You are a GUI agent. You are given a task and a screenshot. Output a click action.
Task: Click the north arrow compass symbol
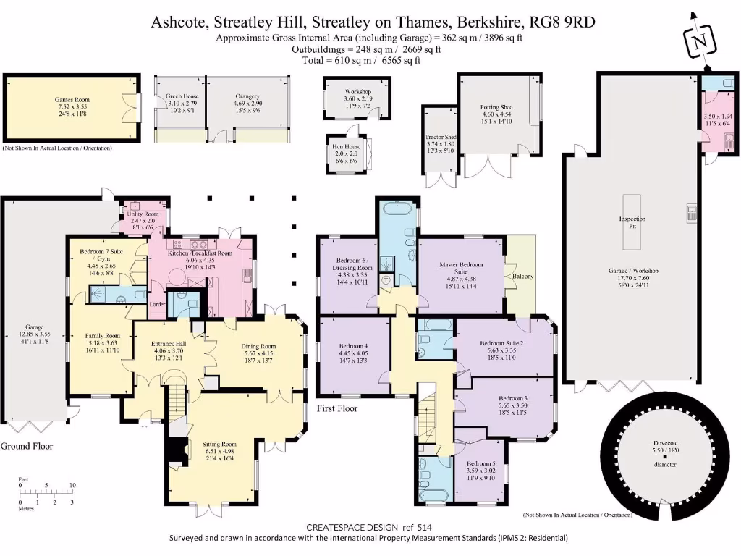tap(698, 41)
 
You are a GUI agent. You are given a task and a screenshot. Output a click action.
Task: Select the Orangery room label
tap(247, 96)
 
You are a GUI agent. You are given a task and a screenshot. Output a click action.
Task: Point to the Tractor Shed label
tap(441, 137)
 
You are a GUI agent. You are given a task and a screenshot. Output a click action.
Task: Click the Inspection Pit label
tap(632, 222)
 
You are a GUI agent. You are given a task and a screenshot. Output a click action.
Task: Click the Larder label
tap(158, 305)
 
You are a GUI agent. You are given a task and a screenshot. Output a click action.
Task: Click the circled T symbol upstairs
tap(386, 279)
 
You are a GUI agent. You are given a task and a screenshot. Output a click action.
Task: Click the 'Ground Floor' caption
tap(26, 446)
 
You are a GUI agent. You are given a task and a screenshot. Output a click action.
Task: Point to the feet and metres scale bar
tap(46, 493)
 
